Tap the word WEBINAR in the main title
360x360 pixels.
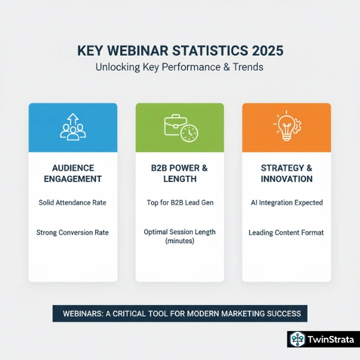pos(142,50)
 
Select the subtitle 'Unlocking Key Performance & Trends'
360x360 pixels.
pos(179,67)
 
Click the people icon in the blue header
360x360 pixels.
pos(73,127)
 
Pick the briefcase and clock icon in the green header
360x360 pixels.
pos(179,127)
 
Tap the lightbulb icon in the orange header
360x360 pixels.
pos(286,127)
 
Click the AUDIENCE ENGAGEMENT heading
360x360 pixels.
pos(73,173)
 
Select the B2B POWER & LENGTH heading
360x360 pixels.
pos(179,173)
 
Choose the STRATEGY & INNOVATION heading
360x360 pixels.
pos(286,173)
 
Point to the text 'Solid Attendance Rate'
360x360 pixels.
pos(73,203)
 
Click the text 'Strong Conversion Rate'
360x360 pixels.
pos(73,232)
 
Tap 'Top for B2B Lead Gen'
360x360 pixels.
pos(179,203)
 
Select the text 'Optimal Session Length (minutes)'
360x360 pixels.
pos(179,236)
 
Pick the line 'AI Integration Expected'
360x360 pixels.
pos(286,203)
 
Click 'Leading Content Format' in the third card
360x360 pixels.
pos(286,232)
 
